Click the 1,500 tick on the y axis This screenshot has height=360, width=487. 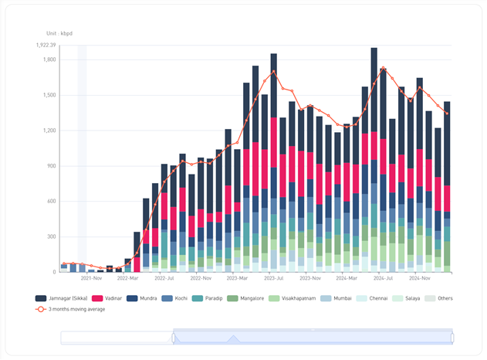click(49, 95)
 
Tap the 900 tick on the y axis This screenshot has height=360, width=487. click(51, 166)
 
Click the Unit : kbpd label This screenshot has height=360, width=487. click(59, 33)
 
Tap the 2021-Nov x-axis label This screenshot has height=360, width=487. click(93, 277)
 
